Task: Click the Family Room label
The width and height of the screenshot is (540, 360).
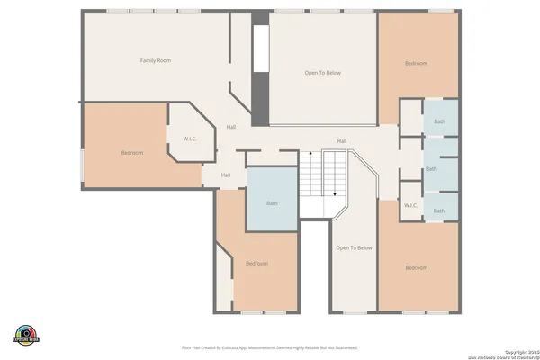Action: coord(155,60)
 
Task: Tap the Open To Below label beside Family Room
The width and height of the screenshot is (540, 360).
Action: coord(322,73)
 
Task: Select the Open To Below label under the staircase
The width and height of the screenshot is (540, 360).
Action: coord(354,247)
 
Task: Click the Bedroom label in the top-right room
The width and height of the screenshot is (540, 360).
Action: coord(416,63)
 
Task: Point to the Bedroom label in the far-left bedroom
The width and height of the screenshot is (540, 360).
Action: coord(131,153)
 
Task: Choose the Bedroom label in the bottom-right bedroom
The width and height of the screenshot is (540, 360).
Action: coord(416,268)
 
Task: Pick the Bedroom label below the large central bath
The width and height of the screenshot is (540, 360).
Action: coord(257,263)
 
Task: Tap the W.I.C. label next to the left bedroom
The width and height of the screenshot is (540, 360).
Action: coord(190,139)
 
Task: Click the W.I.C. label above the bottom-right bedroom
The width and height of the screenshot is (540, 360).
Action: coord(410,205)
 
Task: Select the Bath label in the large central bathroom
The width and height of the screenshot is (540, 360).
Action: coord(272,203)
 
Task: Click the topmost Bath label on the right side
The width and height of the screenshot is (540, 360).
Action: coord(439,121)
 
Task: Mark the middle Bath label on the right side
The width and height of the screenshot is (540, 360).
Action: coord(431,168)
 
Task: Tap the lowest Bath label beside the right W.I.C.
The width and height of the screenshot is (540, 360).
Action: coord(439,211)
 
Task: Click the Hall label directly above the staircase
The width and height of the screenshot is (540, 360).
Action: coord(342,141)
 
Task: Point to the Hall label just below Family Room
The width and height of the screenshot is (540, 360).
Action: coord(231,127)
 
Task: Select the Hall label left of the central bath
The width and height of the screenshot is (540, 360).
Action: coord(226,175)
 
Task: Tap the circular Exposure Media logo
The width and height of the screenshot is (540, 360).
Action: coord(28,335)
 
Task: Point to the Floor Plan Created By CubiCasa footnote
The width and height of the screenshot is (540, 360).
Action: coord(270,346)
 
